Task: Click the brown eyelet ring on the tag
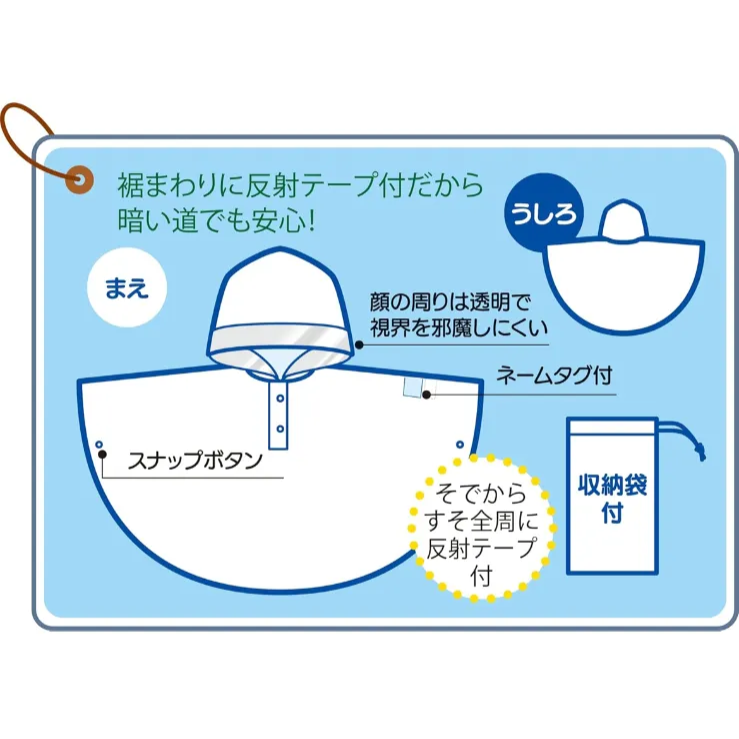(79, 180)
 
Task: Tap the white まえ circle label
(127, 287)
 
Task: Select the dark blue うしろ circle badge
(544, 213)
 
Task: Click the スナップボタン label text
(195, 460)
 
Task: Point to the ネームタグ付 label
(554, 376)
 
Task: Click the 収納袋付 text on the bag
(612, 498)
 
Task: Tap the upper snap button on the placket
(280, 398)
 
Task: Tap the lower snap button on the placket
(280, 429)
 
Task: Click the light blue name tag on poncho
(411, 387)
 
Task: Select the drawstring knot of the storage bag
(701, 452)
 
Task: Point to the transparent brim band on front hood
(280, 338)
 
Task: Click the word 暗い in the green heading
(143, 219)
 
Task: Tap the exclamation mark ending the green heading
(310, 220)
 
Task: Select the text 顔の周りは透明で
(450, 302)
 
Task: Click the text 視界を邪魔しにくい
(459, 328)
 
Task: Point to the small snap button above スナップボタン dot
(99, 444)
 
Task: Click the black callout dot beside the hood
(359, 345)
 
